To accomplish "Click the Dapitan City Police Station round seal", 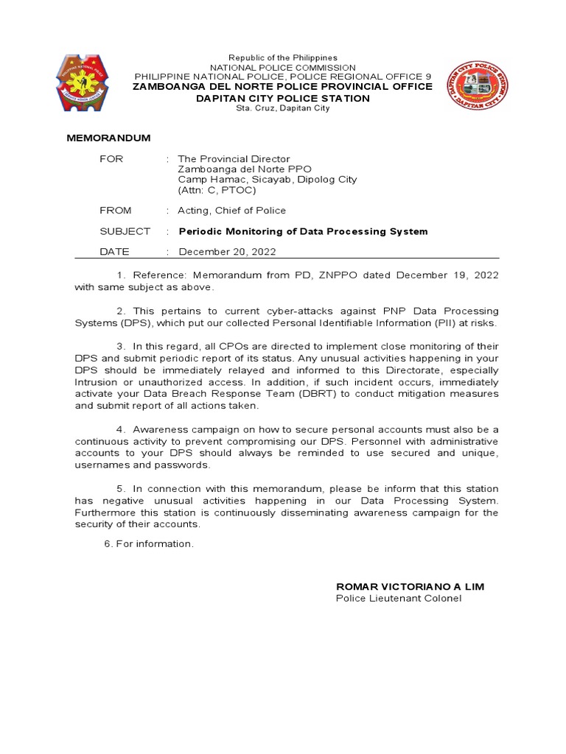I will click(x=477, y=85).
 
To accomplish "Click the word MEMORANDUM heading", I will click(x=108, y=138).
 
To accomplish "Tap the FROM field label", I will click(x=116, y=211).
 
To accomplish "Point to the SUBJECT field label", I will click(x=125, y=231).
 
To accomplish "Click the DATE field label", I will click(x=114, y=252).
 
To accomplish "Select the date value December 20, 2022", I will click(x=227, y=252).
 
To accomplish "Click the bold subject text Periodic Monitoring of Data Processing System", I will click(x=303, y=231).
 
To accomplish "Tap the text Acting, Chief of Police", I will click(x=231, y=211).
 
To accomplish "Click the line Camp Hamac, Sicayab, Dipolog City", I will click(x=267, y=180).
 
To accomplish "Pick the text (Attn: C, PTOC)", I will click(x=217, y=190).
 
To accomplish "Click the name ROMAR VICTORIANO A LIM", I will click(x=410, y=586).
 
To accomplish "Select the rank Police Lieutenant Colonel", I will click(x=399, y=598).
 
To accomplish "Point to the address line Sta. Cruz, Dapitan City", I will click(x=282, y=108).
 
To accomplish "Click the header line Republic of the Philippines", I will click(x=282, y=57).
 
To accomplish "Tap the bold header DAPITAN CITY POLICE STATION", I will click(x=282, y=98).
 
